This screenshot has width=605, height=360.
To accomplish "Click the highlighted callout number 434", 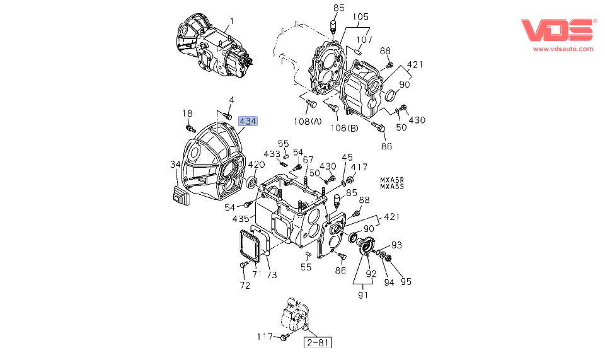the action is click(247, 121).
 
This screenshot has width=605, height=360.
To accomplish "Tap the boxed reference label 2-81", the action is click(318, 342).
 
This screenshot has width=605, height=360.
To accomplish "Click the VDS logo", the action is click(556, 30).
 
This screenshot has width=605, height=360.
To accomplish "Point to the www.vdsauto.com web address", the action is click(563, 49).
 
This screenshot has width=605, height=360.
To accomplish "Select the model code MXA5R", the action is click(392, 180).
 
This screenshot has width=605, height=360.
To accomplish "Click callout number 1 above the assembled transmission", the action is click(232, 20).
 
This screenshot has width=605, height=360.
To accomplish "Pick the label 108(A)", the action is click(308, 122).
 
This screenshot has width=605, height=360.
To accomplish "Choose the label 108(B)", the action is click(344, 128).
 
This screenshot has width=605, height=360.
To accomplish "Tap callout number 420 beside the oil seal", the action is click(256, 165).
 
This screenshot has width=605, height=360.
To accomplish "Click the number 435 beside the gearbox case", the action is click(241, 219).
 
